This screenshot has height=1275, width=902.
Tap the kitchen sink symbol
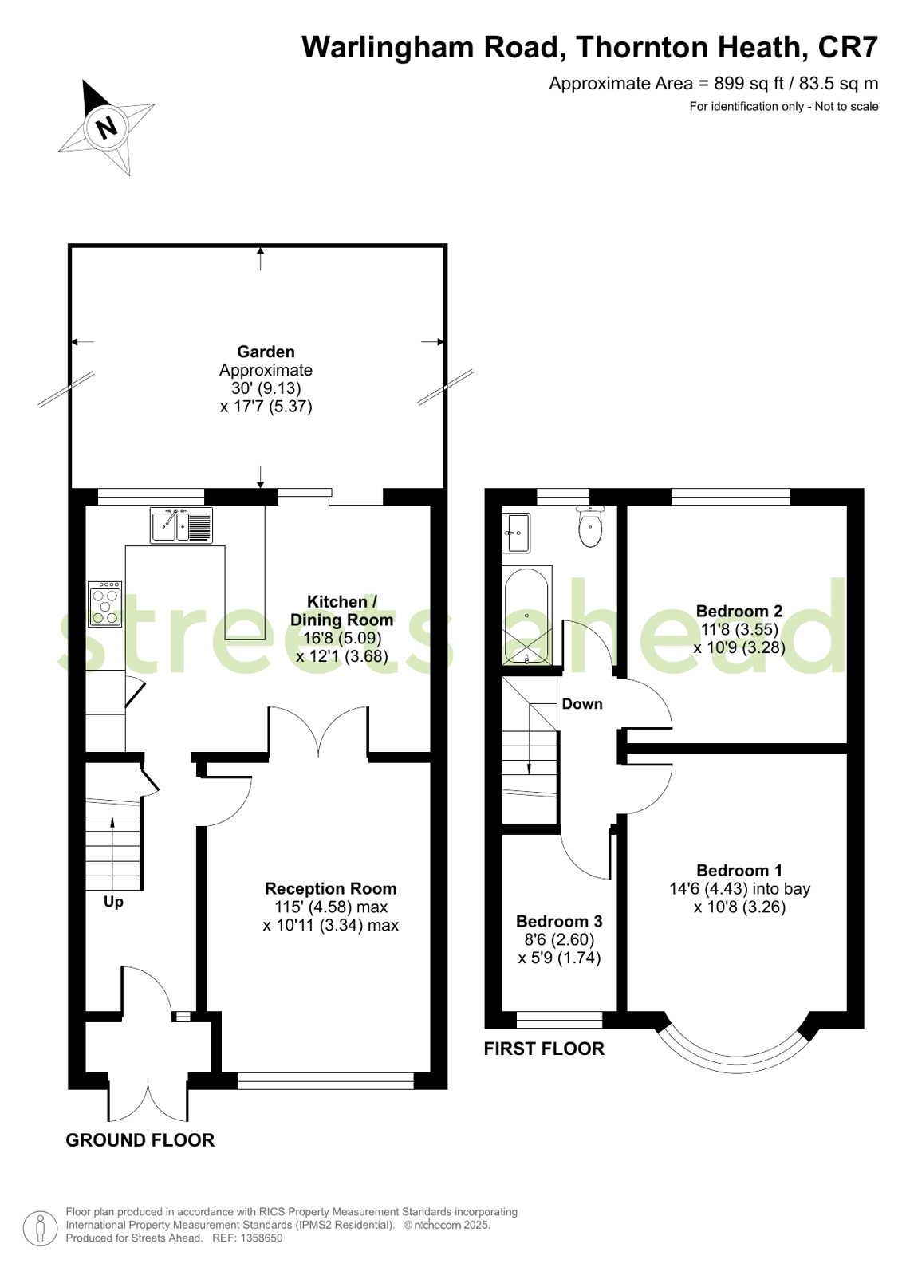click(x=181, y=525)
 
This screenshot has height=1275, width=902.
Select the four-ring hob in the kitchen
click(x=104, y=604)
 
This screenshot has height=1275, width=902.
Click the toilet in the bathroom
click(x=590, y=527)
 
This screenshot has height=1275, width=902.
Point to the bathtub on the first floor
click(x=526, y=616)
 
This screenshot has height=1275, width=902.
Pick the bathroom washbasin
click(x=517, y=533)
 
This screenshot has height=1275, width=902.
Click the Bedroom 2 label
click(x=739, y=612)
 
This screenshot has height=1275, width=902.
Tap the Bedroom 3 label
click(x=558, y=921)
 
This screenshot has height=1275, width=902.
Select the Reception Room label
click(x=330, y=888)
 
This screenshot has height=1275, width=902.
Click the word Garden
click(x=266, y=352)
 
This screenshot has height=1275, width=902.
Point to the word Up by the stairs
click(x=113, y=902)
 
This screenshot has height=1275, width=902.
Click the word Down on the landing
click(x=582, y=704)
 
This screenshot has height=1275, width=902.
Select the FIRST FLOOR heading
click(x=544, y=1049)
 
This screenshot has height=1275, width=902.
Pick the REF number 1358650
click(x=262, y=1238)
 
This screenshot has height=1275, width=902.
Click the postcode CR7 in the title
click(x=848, y=47)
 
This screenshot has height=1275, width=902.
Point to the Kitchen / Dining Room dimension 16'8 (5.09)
click(x=341, y=638)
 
